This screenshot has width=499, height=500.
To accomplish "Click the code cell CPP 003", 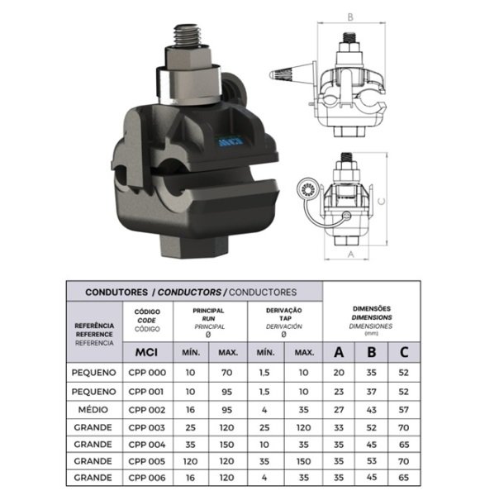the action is click(x=147, y=427).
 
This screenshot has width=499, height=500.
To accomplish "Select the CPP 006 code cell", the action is click(x=147, y=478).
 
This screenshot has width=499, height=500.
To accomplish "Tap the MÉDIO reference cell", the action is click(x=93, y=409).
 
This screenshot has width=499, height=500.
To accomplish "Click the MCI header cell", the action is click(x=147, y=352).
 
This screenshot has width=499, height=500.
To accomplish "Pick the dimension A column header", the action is click(x=339, y=352).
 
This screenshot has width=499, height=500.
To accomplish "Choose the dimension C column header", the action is click(x=404, y=352).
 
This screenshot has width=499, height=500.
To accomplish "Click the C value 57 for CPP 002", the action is click(x=404, y=410).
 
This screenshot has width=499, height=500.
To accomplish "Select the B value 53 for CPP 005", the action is click(x=372, y=461).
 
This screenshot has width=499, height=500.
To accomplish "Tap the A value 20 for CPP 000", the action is click(x=339, y=373).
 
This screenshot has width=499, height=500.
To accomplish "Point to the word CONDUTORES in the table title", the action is click(x=116, y=292).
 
